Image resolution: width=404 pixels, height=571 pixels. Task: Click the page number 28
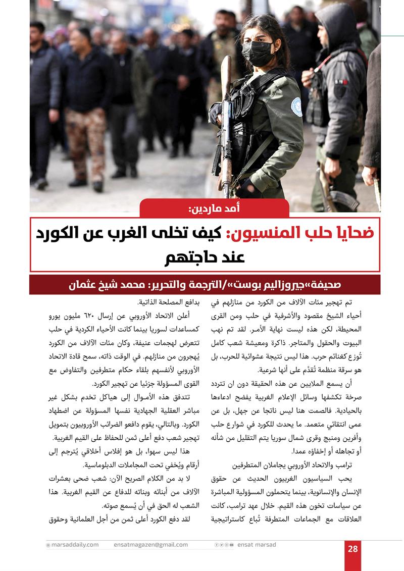click(x=352, y=549)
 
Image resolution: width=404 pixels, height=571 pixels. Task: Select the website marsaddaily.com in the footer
click(x=74, y=545)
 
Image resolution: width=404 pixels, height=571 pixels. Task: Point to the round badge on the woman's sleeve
click(x=296, y=107)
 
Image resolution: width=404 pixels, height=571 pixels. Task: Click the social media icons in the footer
click(x=224, y=545)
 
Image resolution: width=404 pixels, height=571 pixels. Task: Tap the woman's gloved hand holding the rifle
click(x=216, y=114)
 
